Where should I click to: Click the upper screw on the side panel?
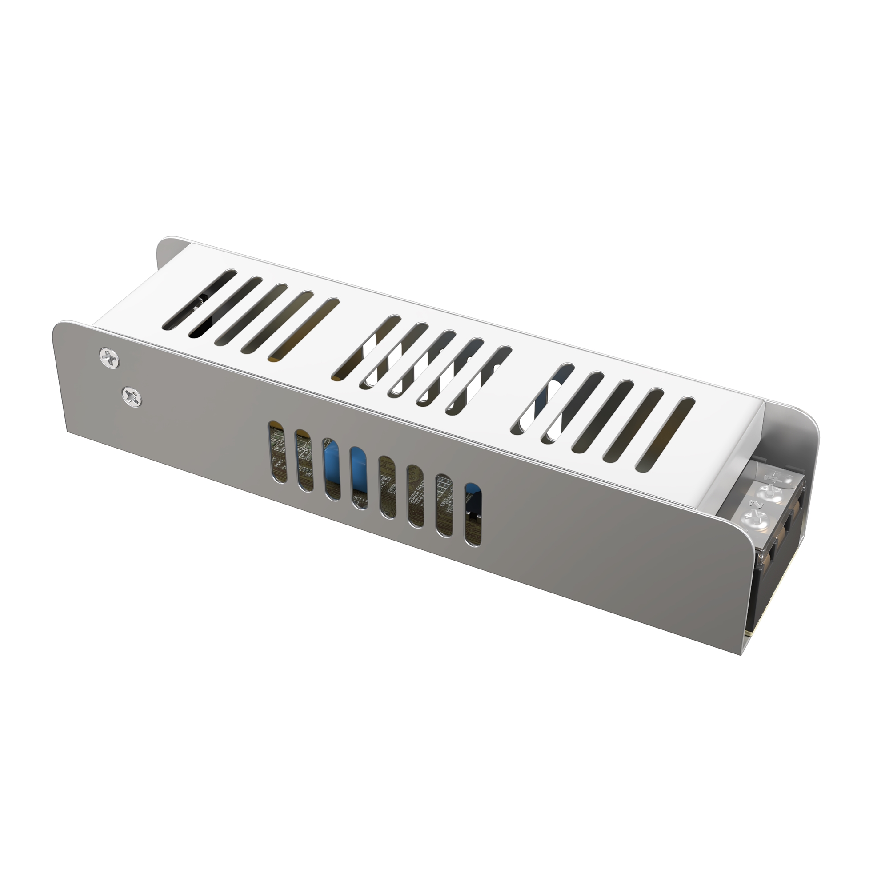[x=109, y=356]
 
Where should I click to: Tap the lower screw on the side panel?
[x=132, y=395]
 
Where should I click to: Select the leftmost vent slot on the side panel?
[x=277, y=452]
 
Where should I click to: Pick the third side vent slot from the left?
[x=332, y=469]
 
